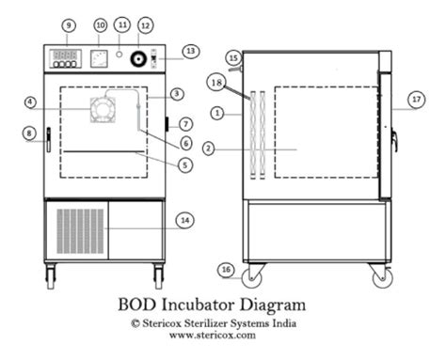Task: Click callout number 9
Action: coord(68,23)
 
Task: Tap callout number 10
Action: coord(101,23)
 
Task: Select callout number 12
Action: coord(144,23)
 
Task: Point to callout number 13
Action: coord(190,50)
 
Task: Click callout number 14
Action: coord(185,220)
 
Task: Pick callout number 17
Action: coord(415,97)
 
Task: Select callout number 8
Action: coord(30,133)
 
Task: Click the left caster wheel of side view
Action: coord(252,277)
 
